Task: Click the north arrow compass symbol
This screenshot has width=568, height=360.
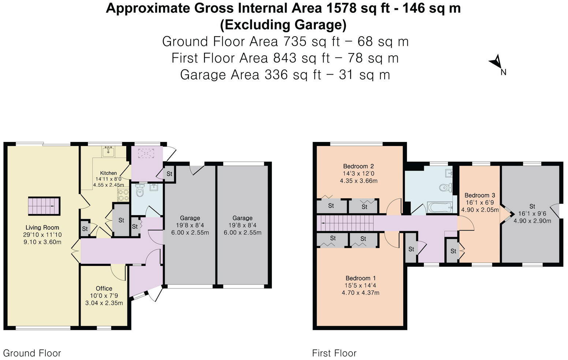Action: coord(496,62)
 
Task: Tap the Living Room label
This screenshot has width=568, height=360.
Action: coord(42,227)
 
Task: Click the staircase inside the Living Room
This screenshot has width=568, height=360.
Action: coord(44,206)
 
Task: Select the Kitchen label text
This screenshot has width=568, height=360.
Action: coord(108,173)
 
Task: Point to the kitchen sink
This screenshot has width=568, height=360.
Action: coord(108,151)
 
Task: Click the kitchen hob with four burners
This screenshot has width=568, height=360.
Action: coord(123,195)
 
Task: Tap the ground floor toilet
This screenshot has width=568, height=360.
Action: coord(139,190)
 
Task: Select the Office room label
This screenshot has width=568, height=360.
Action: coord(104,288)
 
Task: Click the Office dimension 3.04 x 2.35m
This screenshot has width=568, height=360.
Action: coord(104,303)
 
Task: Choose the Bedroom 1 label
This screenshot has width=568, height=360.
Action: coord(360,278)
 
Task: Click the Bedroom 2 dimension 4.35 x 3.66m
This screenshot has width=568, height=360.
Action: coord(358,181)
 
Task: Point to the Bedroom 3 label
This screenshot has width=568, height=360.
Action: coord(480,195)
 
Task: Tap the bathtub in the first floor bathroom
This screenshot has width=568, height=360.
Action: coord(439,208)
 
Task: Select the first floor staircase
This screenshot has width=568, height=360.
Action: coord(344,223)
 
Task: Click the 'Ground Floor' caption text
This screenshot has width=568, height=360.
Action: coord(32,353)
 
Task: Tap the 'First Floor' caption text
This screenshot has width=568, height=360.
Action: coord(334,353)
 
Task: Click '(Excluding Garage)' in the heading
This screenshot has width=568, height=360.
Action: coord(283,25)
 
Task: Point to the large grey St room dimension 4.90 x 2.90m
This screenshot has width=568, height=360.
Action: coord(532,221)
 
